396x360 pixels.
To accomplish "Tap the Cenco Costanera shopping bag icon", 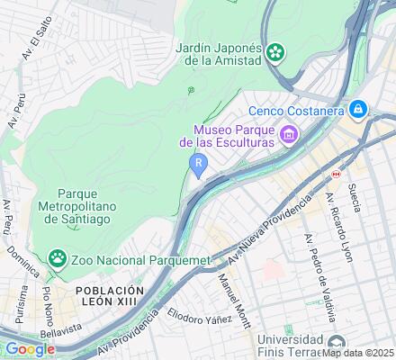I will (359, 110).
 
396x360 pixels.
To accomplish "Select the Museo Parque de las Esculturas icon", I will (288, 136).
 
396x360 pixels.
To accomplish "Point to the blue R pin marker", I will (197, 163).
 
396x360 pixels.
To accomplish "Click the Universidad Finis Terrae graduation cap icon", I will (337, 342).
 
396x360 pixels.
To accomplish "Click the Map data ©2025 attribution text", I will (357, 352).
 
